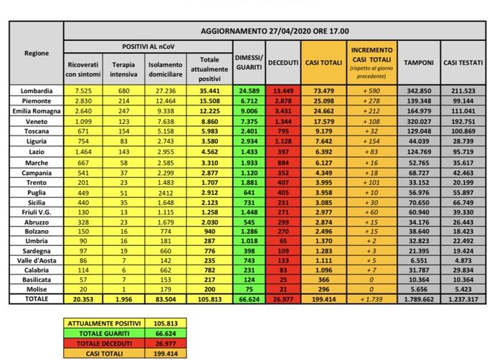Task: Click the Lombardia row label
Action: [37, 92]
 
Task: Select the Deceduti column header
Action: [283, 63]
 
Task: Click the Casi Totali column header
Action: [323, 63]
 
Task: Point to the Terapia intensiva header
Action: [124, 69]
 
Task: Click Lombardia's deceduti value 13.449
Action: [283, 92]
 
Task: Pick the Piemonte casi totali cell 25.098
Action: [323, 102]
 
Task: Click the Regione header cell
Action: [37, 53]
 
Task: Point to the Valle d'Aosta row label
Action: [37, 260]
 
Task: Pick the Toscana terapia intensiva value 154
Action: [124, 132]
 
